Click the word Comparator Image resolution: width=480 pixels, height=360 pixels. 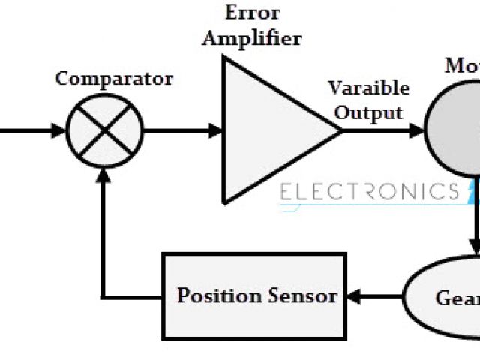pyautogui.click(x=114, y=78)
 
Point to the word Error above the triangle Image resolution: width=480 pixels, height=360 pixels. pyautogui.click(x=252, y=13)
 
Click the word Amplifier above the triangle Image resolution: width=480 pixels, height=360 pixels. pyautogui.click(x=252, y=37)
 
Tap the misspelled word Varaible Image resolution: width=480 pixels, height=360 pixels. pyautogui.click(x=369, y=88)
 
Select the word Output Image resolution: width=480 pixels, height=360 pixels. pyautogui.click(x=368, y=112)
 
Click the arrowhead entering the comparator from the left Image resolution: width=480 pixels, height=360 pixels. pyautogui.click(x=60, y=130)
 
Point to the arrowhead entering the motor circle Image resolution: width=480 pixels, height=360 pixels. pyautogui.click(x=416, y=130)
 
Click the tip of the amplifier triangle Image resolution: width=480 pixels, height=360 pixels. pyautogui.click(x=341, y=130)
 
